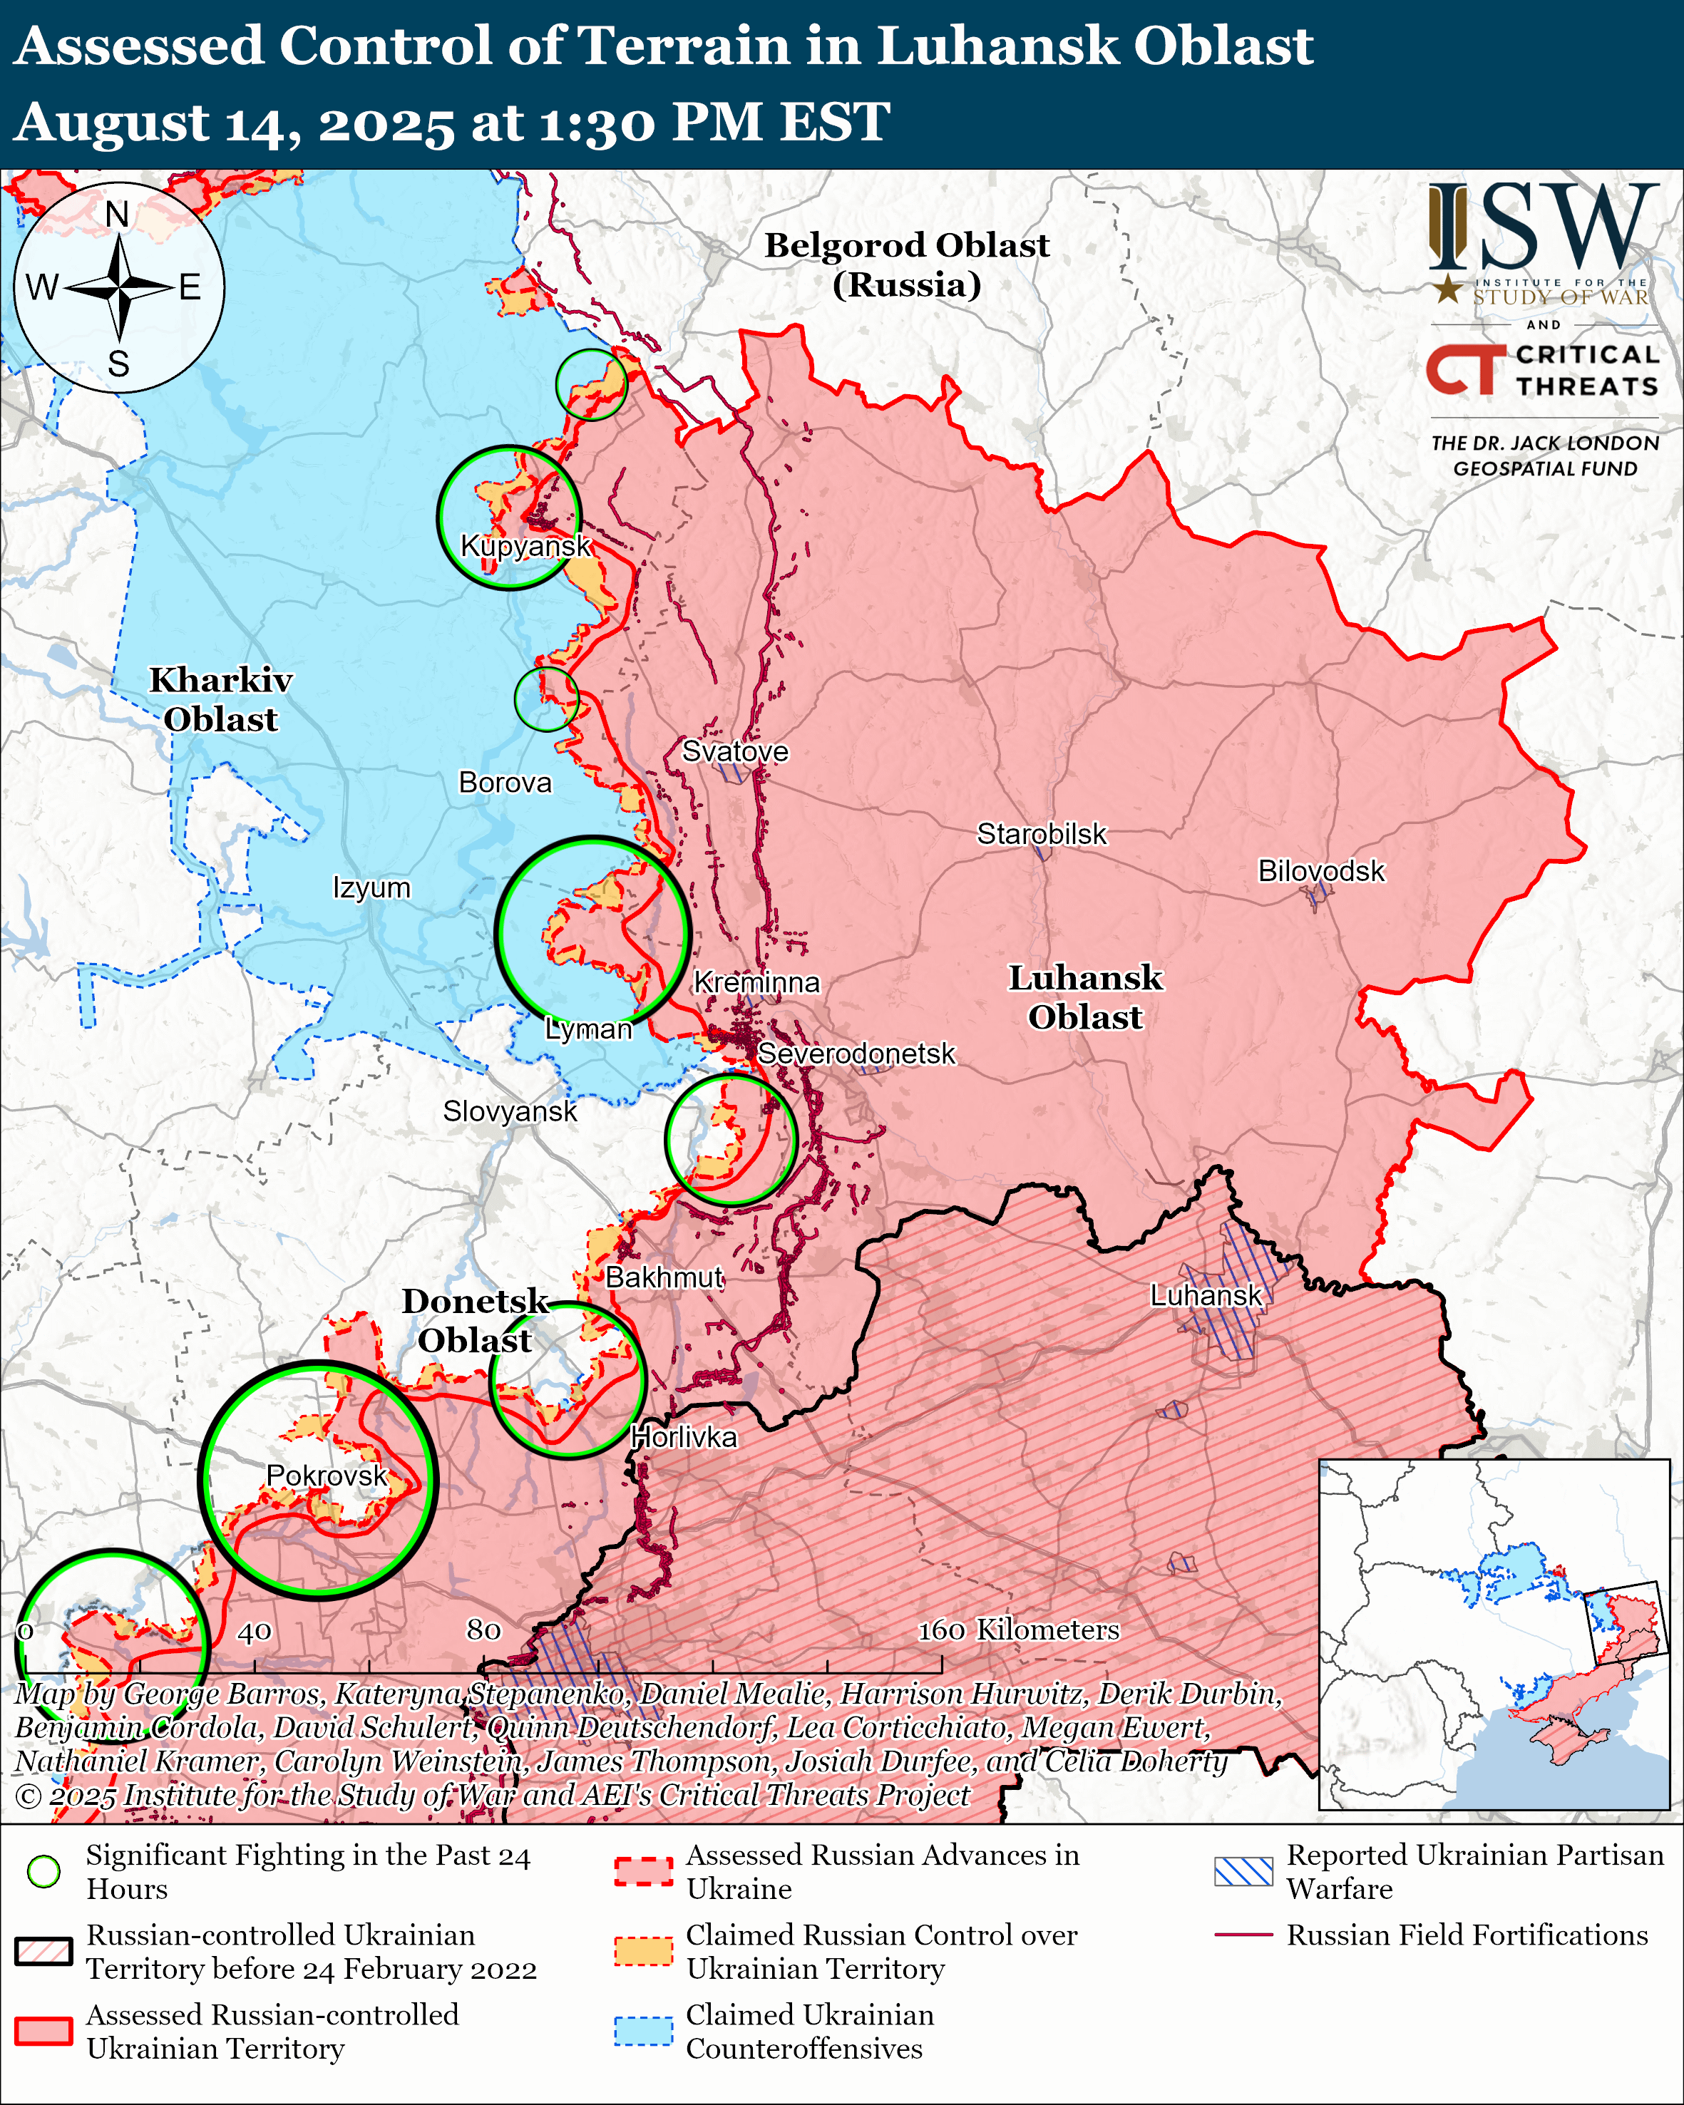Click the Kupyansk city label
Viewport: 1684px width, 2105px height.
click(525, 546)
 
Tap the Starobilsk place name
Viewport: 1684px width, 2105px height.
click(1042, 834)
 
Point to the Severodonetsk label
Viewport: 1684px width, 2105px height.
click(856, 1054)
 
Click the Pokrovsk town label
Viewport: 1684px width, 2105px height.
click(327, 1476)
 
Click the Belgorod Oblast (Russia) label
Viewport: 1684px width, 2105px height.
click(906, 264)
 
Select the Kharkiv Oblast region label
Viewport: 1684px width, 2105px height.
click(220, 699)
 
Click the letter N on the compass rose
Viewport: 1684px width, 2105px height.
click(117, 214)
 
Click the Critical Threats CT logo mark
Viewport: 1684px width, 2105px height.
click(1465, 370)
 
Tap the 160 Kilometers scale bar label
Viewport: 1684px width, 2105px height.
click(1017, 1630)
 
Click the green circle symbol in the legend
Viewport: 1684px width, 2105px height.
click(44, 1872)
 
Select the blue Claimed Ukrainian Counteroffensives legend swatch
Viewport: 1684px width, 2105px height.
click(643, 2031)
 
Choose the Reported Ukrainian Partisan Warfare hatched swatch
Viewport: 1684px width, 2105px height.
click(1243, 1872)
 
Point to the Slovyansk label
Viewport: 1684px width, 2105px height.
click(510, 1111)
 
